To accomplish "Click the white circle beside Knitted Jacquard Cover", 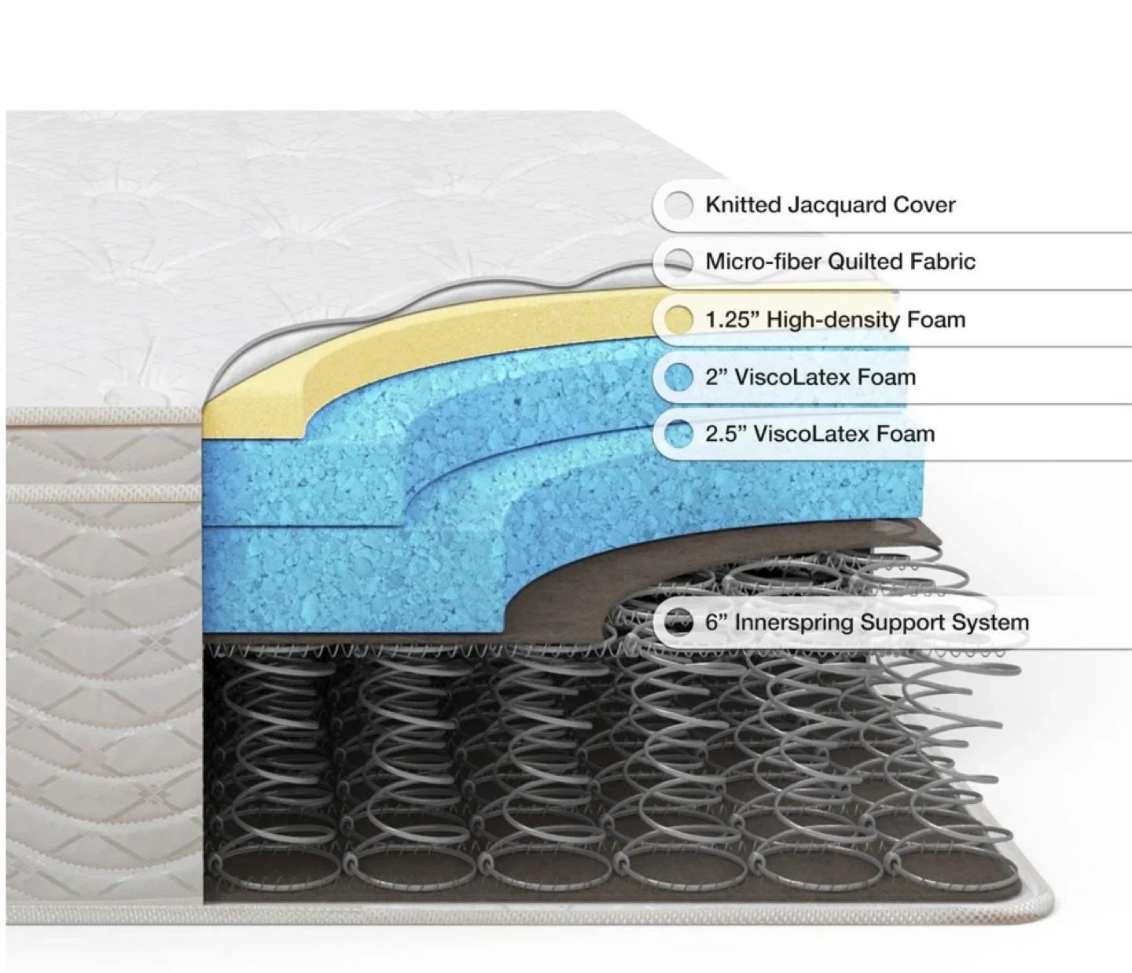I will (678, 204).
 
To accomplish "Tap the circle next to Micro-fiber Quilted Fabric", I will (678, 261).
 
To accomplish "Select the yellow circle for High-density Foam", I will (678, 319).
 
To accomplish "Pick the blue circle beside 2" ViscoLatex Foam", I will (678, 376).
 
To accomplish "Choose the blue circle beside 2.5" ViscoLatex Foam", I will (678, 433).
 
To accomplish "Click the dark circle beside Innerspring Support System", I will (678, 622).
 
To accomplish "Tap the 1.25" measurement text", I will (732, 319).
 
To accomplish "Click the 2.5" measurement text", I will (725, 433).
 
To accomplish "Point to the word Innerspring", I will (793, 622).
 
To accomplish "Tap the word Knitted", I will (737, 204).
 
